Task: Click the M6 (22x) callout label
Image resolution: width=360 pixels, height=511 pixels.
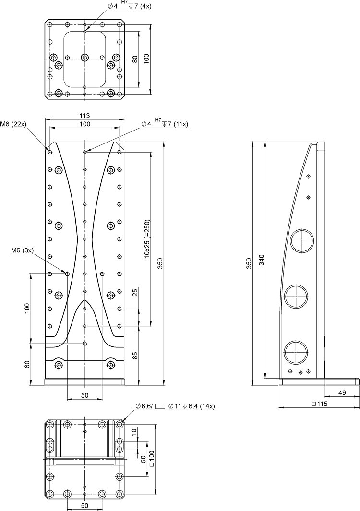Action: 13,124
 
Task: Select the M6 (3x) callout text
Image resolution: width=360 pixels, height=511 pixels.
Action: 22,250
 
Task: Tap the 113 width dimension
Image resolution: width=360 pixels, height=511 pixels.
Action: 84,115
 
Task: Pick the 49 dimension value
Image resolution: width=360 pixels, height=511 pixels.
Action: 342,393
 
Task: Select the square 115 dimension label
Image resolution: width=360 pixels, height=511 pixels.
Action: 319,404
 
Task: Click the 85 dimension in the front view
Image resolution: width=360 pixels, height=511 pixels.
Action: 135,355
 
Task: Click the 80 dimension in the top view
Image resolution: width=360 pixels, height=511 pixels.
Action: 135,59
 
